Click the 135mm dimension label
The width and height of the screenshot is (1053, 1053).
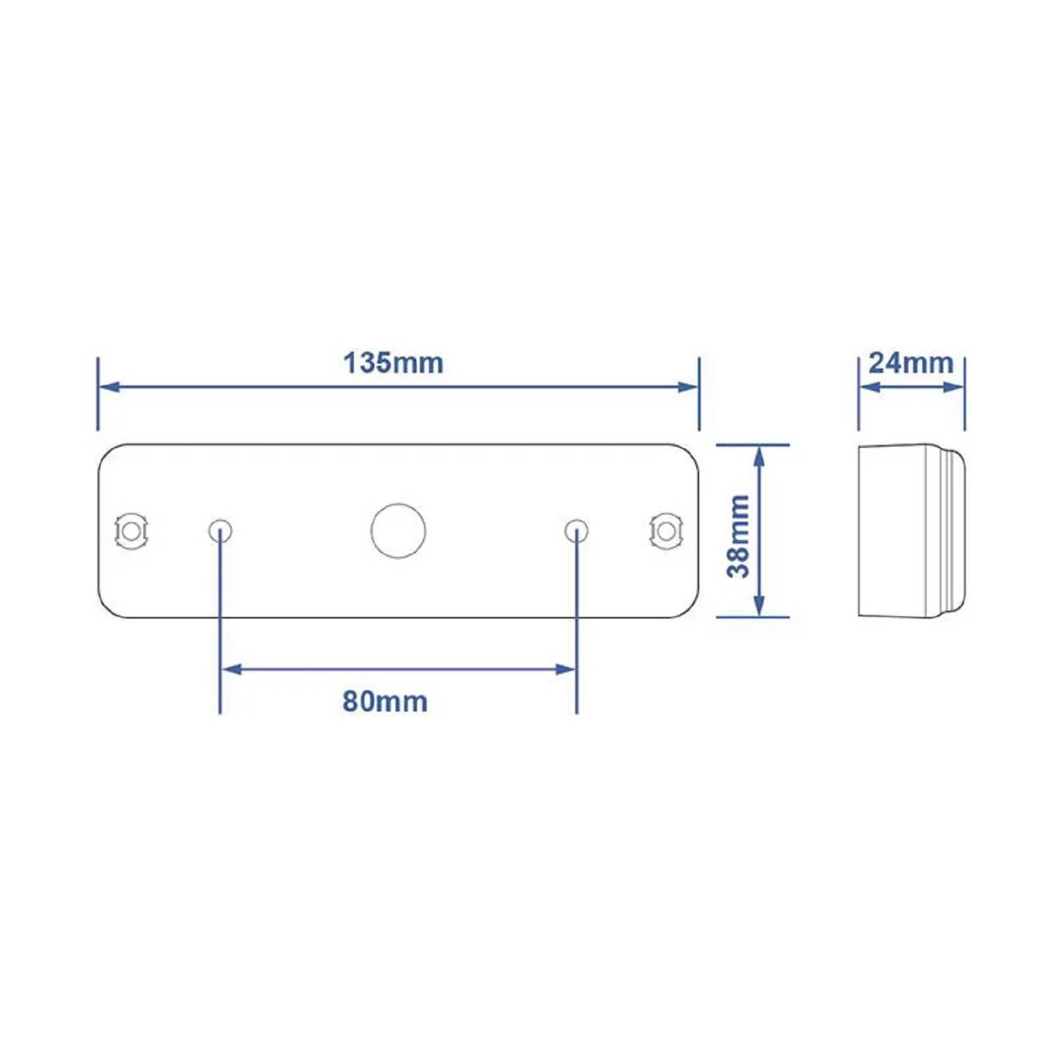pos(393,363)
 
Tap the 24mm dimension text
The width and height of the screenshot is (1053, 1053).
pos(910,363)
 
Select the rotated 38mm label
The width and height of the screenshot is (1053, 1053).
pos(739,536)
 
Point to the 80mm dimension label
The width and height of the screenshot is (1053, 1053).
pos(385,701)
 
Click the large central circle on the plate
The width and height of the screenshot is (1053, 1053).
pos(398,531)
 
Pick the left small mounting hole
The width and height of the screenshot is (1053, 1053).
pos(220,531)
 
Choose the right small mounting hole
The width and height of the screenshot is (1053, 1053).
pos(576,531)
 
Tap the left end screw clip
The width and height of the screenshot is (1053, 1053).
pos(131,531)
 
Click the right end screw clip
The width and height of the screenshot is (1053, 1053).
pos(666,531)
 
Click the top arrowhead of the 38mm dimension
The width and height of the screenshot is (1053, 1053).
pos(759,456)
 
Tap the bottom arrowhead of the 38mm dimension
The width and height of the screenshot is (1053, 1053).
pos(759,606)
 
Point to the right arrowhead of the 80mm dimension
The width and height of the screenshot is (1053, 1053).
pos(565,669)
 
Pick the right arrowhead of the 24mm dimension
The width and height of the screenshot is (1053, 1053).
pos(954,387)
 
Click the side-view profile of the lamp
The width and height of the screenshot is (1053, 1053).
pos(910,531)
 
